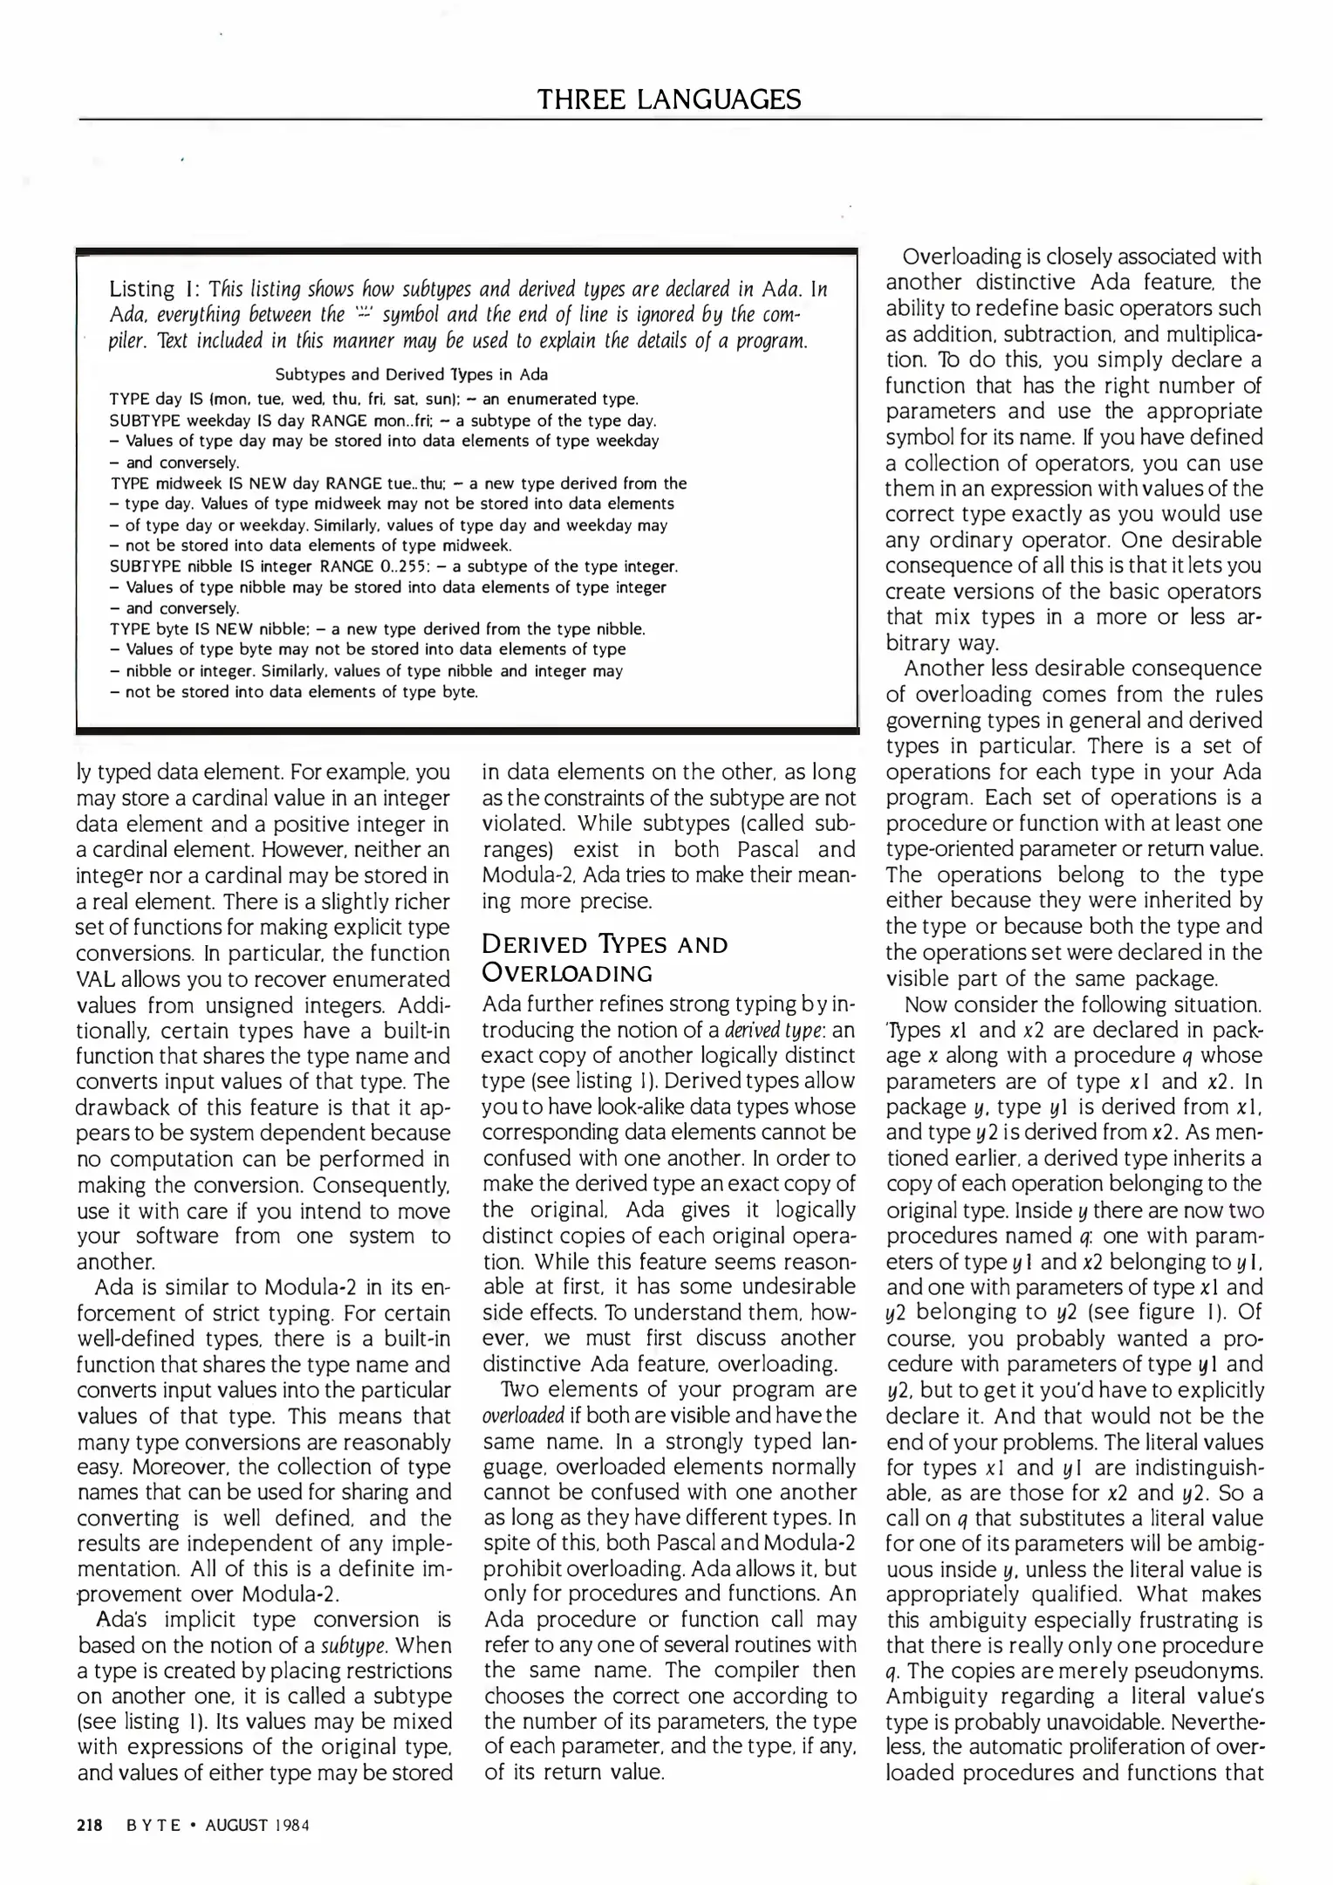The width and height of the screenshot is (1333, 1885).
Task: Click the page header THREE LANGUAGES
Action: point(669,99)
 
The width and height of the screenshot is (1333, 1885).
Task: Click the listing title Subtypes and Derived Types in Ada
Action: point(412,374)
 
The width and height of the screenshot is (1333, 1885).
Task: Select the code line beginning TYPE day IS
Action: point(374,399)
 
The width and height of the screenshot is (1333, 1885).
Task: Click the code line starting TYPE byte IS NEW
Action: point(378,628)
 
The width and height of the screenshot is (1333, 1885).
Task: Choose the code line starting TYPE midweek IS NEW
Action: point(398,483)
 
